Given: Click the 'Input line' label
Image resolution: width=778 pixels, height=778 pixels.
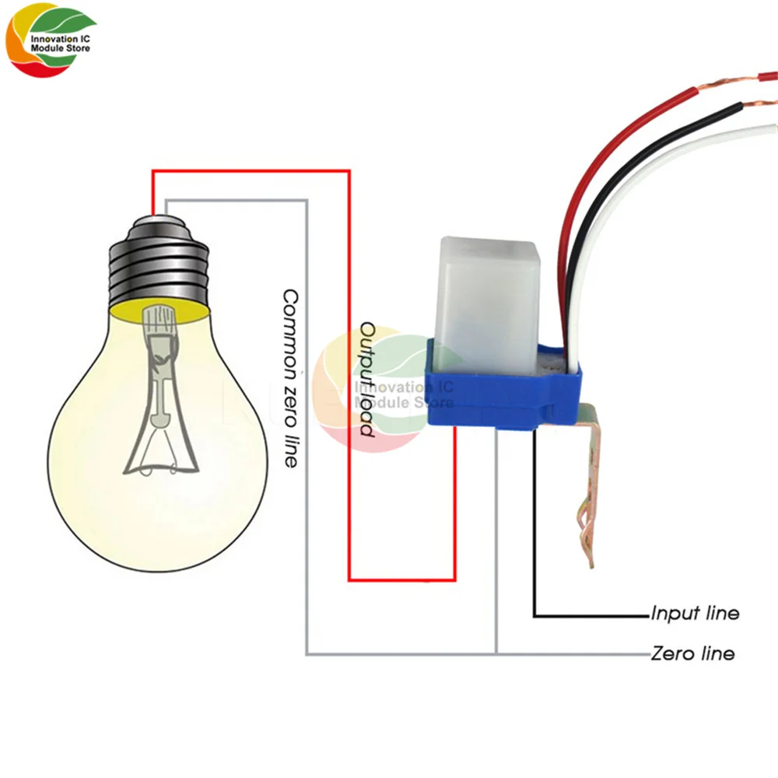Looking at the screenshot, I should point(695,614).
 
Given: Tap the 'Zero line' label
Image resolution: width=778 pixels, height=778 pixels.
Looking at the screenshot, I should point(692,654).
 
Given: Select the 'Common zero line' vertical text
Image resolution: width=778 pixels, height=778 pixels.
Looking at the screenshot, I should point(290,378).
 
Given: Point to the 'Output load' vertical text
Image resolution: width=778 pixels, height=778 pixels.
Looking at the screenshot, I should point(367,378).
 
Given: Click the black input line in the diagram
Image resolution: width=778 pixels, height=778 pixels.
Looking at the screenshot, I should point(535,545).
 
